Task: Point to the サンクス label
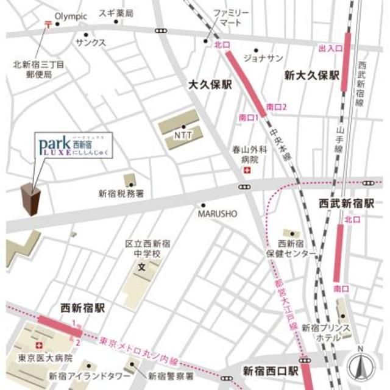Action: pos(91,43)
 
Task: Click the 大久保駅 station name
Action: pos(210,86)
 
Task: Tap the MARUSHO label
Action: pos(212,214)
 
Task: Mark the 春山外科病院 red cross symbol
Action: pos(246,172)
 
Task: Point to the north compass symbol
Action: pos(361,367)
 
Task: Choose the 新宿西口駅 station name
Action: pos(270,370)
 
